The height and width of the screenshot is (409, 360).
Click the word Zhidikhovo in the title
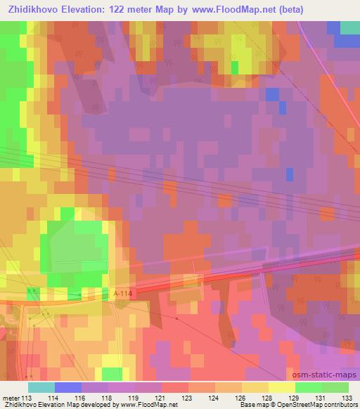[35, 9]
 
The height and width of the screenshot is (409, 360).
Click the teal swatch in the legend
[41, 387]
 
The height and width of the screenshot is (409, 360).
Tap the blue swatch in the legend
[68, 387]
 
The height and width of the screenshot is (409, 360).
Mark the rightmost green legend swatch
[335, 387]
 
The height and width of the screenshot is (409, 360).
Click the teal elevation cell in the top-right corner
[349, 27]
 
